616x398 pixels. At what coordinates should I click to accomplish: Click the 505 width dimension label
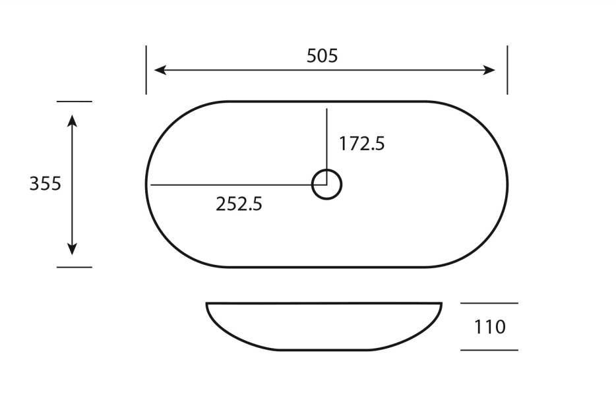click(x=322, y=56)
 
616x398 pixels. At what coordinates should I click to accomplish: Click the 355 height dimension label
click(x=45, y=184)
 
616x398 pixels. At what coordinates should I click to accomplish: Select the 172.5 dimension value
click(x=361, y=144)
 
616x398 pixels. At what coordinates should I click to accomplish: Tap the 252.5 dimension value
click(x=239, y=204)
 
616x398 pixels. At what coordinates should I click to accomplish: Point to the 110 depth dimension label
click(x=489, y=327)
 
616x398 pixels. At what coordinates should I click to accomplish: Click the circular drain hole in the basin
click(x=326, y=185)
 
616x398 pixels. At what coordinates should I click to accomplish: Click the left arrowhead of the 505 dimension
click(x=159, y=71)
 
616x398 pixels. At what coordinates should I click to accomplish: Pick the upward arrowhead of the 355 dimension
click(x=72, y=119)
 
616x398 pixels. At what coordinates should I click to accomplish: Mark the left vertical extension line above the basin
click(x=146, y=70)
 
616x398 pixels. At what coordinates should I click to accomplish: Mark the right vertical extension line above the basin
click(x=507, y=70)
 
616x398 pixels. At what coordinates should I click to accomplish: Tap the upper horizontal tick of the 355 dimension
click(x=74, y=101)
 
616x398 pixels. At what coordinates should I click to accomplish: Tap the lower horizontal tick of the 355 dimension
click(x=74, y=267)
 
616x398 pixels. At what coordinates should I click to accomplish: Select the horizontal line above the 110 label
click(x=489, y=304)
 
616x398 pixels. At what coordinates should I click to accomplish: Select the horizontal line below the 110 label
click(x=489, y=350)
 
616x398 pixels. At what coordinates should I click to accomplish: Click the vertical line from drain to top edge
click(x=326, y=138)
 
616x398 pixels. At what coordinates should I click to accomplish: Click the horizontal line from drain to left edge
click(x=231, y=185)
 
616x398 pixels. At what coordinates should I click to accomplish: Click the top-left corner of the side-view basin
click(x=207, y=304)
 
